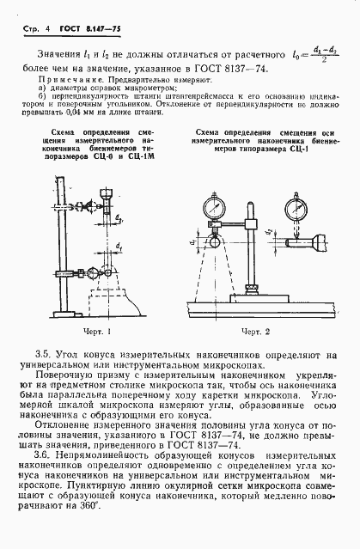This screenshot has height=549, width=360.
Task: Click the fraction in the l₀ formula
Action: pyautogui.click(x=323, y=53)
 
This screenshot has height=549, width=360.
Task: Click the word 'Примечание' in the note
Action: pyautogui.click(x=64, y=76)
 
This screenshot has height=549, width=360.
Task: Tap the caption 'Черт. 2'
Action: pyautogui.click(x=255, y=331)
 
